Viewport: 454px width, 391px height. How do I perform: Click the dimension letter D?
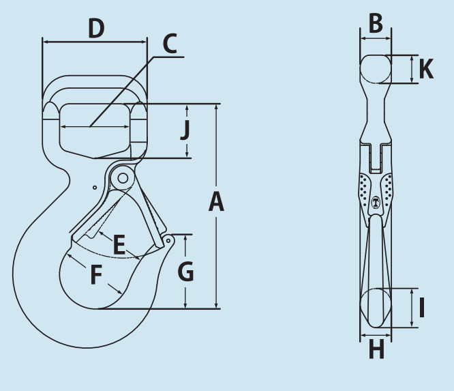(96, 28)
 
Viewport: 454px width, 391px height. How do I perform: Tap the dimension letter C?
(170, 44)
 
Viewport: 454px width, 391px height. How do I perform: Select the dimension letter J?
(185, 130)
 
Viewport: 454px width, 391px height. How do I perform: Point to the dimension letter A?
(216, 202)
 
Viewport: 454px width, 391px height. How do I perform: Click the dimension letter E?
(119, 245)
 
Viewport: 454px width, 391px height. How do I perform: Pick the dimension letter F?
(96, 274)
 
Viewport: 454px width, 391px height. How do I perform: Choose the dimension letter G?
(185, 271)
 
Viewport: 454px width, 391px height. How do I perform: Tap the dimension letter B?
(376, 23)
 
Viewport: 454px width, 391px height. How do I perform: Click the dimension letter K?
(427, 69)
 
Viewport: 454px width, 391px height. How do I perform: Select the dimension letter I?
(422, 307)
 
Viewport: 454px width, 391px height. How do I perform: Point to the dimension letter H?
(376, 349)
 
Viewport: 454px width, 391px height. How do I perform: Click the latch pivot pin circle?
(123, 178)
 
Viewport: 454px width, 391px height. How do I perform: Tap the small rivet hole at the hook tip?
(168, 241)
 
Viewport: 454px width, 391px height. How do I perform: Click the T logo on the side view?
(376, 202)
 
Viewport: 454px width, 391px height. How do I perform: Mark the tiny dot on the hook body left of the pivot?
(95, 188)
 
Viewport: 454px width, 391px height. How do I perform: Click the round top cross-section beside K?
(376, 69)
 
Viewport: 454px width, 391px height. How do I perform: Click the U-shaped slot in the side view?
(376, 158)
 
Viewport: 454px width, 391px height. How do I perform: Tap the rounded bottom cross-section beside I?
(376, 308)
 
